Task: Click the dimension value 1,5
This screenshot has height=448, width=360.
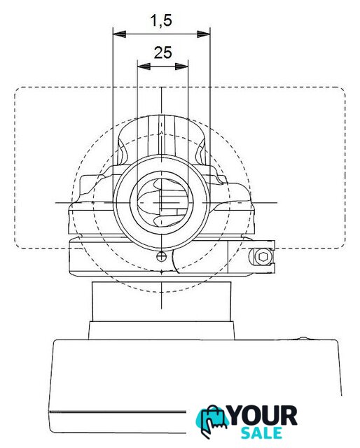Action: pyautogui.click(x=161, y=21)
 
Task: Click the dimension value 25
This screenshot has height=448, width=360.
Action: pyautogui.click(x=163, y=52)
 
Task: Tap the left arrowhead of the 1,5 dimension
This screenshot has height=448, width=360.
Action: pyautogui.click(x=120, y=34)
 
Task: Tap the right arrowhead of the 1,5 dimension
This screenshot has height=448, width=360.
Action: pyautogui.click(x=204, y=34)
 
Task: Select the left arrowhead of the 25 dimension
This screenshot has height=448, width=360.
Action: pyautogui.click(x=144, y=66)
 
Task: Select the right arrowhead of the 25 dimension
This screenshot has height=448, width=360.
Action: pyautogui.click(x=181, y=66)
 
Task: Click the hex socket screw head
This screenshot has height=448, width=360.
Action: pyautogui.click(x=263, y=257)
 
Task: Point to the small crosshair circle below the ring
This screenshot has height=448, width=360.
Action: pyautogui.click(x=162, y=257)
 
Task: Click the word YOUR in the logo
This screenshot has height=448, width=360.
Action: pyautogui.click(x=263, y=416)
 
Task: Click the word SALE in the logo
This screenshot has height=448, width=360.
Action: pyautogui.click(x=261, y=433)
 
